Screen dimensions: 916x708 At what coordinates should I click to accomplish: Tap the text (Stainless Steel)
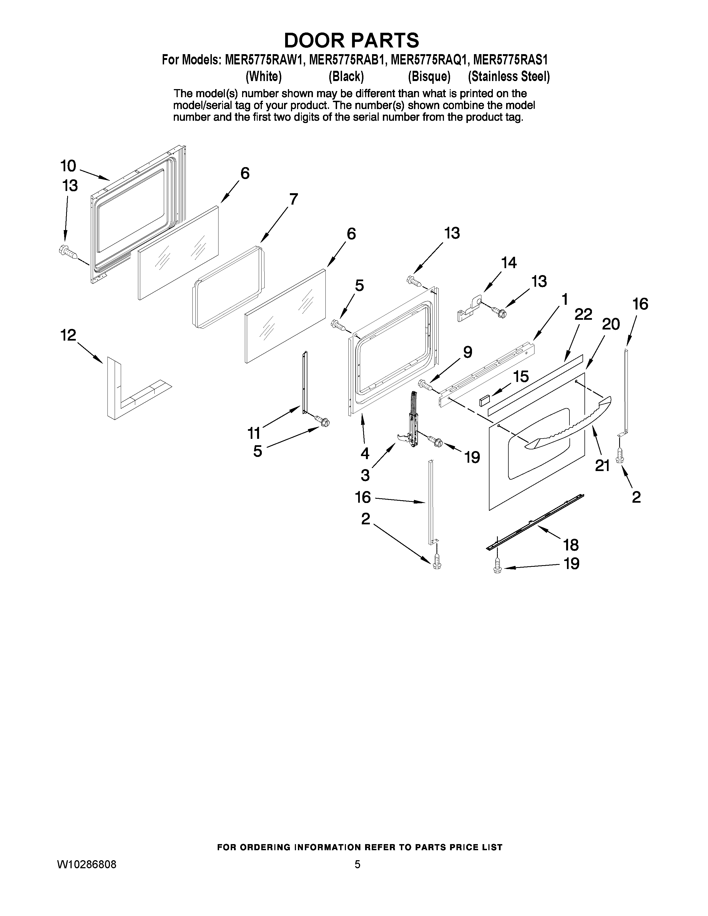point(509,77)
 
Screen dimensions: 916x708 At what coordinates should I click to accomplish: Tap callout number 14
point(509,263)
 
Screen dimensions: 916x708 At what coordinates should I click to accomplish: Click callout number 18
point(571,545)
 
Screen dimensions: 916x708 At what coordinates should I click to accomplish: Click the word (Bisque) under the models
point(429,77)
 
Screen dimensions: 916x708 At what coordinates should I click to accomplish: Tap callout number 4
point(365,453)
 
